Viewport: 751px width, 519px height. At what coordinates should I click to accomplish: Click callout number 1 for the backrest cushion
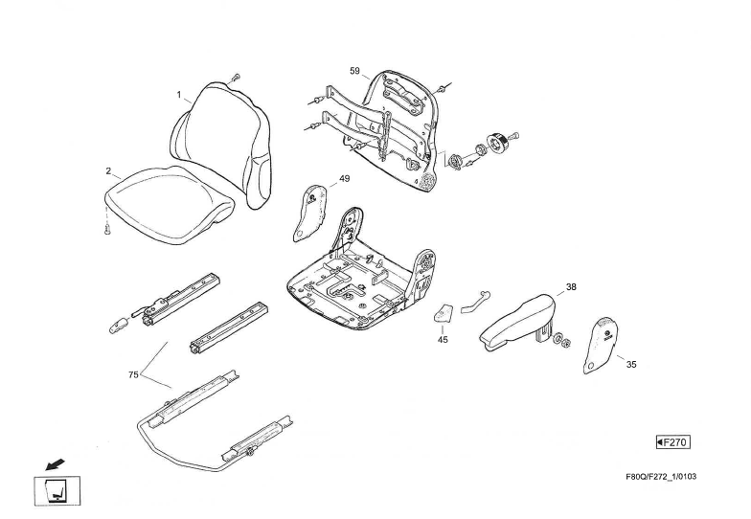click(x=178, y=95)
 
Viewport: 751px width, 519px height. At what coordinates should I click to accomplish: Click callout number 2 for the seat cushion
click(x=109, y=171)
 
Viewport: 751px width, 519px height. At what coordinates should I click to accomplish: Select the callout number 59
click(x=354, y=72)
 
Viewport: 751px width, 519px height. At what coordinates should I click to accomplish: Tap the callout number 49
click(x=344, y=179)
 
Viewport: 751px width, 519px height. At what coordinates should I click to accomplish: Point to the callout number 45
click(x=443, y=339)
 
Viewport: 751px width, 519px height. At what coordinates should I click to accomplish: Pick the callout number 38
click(x=571, y=287)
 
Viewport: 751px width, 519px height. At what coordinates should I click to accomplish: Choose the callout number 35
click(x=630, y=364)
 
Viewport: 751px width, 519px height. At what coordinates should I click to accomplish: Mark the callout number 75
click(x=133, y=374)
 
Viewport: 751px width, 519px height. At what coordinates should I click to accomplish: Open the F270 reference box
click(x=673, y=441)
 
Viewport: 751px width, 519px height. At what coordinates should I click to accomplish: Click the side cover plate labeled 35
click(x=600, y=345)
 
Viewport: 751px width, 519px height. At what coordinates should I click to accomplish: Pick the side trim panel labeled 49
click(x=308, y=215)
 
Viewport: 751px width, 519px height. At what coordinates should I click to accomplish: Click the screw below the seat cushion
click(x=108, y=229)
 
